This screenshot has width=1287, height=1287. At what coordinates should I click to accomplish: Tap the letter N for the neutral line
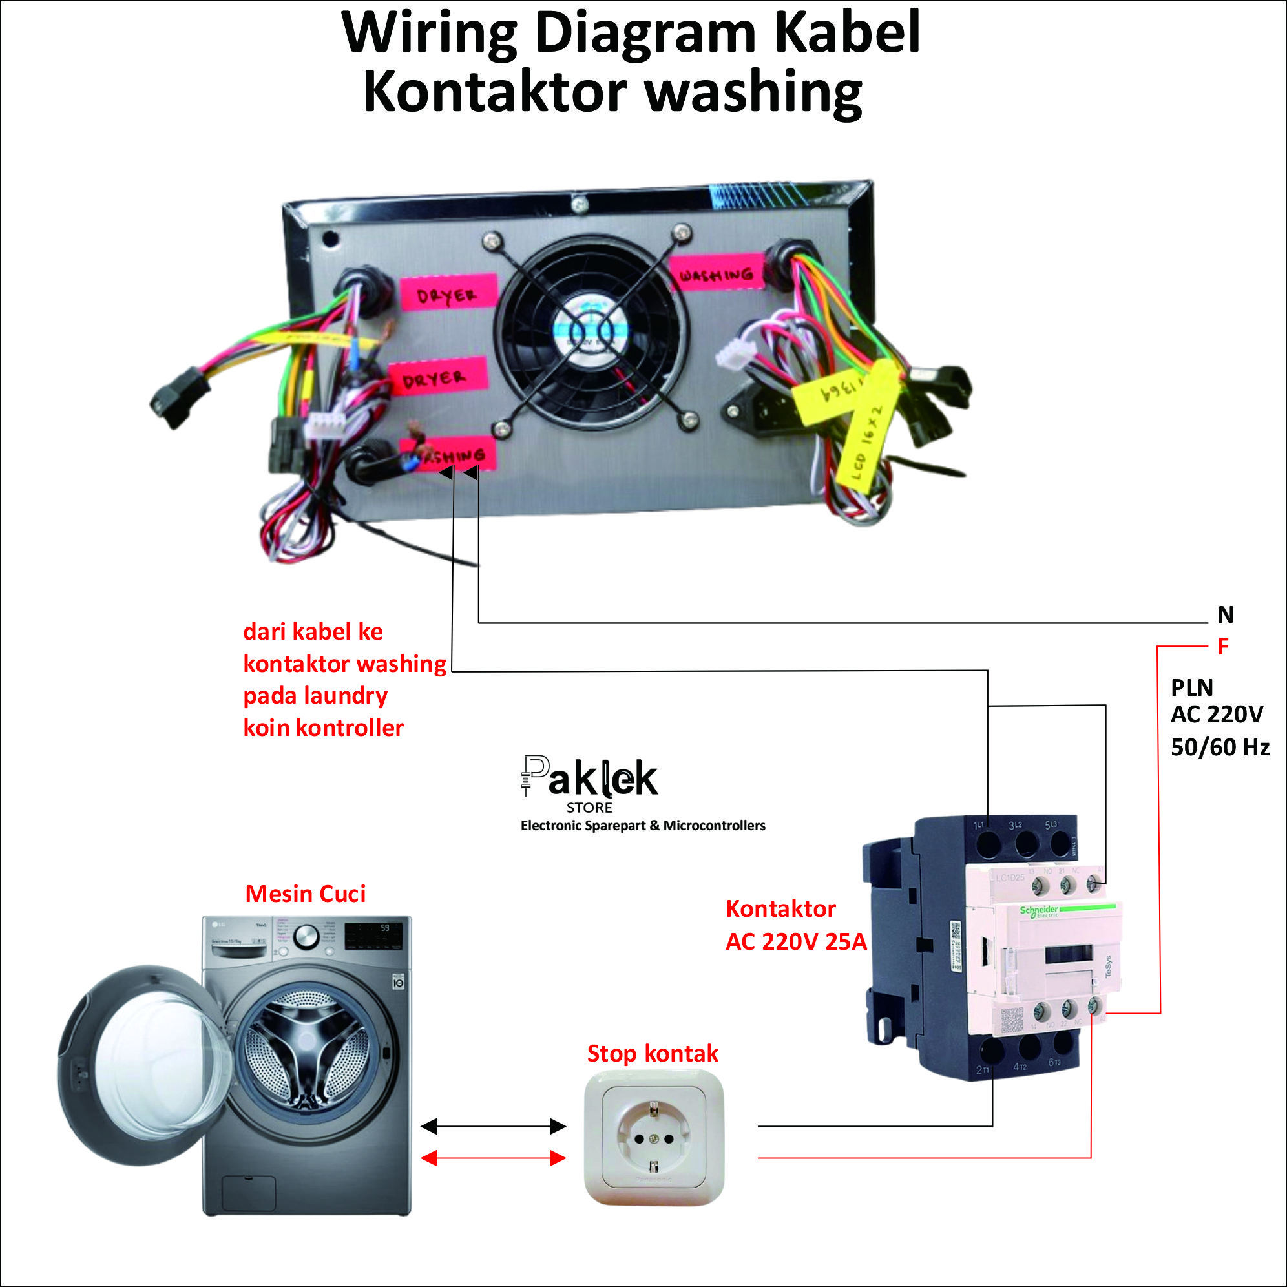(1225, 614)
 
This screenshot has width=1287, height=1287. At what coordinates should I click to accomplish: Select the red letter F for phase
(1223, 646)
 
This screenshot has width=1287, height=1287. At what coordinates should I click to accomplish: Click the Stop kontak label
(652, 1054)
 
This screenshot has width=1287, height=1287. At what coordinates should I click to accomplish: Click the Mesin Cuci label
(305, 894)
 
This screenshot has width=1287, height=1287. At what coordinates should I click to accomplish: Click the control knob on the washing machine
(306, 937)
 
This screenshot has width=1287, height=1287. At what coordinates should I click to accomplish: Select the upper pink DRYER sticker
(448, 294)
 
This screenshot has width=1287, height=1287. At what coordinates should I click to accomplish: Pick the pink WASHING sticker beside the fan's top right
(716, 274)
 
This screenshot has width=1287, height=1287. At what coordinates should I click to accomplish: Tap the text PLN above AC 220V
(1192, 687)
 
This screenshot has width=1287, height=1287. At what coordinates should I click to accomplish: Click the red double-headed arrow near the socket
(494, 1158)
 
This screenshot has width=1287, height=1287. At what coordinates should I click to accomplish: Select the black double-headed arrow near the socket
(494, 1127)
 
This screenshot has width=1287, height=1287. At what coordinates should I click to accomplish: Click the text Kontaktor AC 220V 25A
(795, 925)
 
